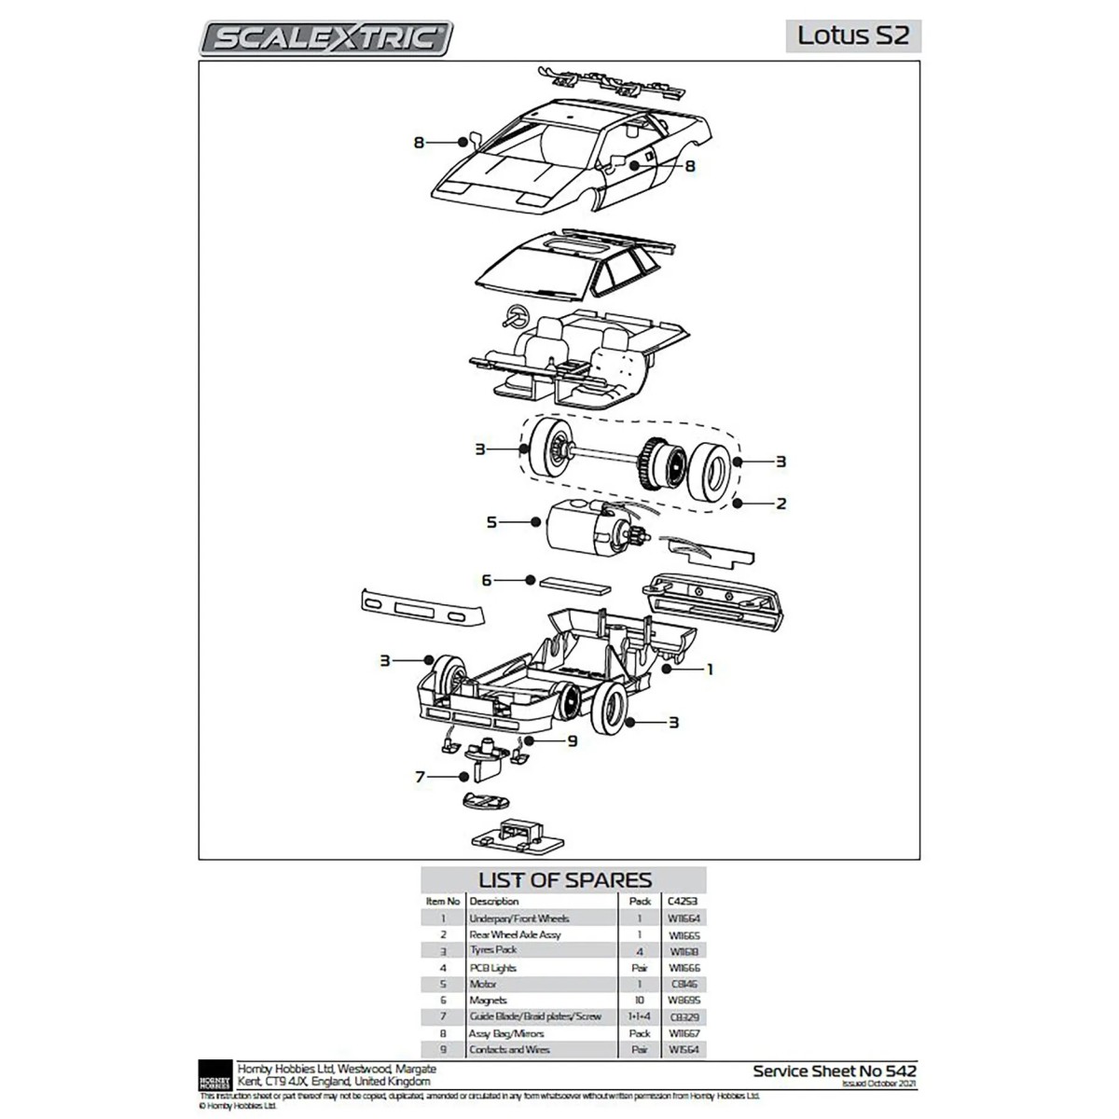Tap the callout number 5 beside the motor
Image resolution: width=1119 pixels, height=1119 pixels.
tap(491, 523)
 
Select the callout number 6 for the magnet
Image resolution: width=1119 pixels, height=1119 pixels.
tap(486, 580)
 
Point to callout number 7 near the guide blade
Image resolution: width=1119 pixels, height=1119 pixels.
tap(421, 775)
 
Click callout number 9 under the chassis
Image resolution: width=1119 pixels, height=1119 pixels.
tap(572, 740)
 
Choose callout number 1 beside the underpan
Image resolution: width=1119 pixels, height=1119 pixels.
tap(709, 670)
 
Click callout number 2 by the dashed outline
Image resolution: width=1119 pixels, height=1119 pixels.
tap(781, 504)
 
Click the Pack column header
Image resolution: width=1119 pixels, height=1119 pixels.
tap(640, 902)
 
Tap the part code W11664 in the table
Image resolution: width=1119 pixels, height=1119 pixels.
tap(684, 919)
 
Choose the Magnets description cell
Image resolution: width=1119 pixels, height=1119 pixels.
tap(489, 1001)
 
